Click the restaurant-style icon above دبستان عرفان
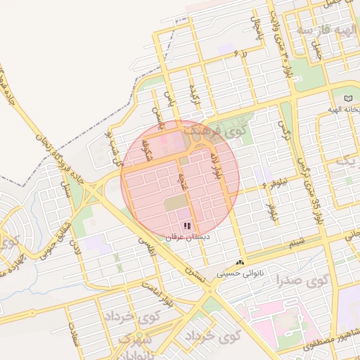tap(187, 226)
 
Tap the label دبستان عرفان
tap(187, 238)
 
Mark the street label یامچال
tap(255, 28)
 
